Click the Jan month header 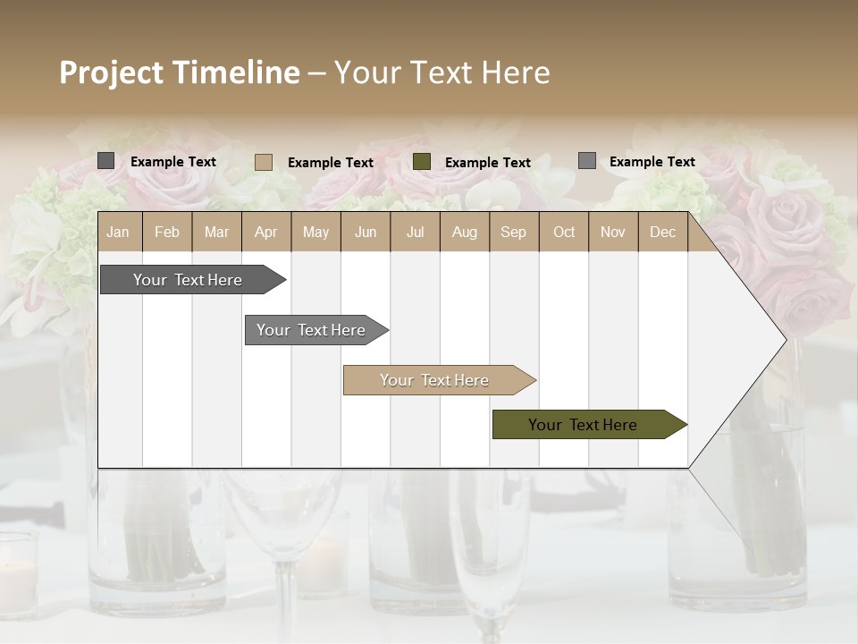[x=118, y=232]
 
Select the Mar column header [x=216, y=232]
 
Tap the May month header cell [x=315, y=232]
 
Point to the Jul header [x=415, y=232]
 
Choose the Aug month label [x=464, y=232]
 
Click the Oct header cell [x=564, y=232]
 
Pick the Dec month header [x=662, y=232]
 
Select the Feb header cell [x=167, y=232]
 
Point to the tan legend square [x=264, y=162]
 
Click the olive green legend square [x=422, y=162]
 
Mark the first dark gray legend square [x=106, y=161]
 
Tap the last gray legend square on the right [x=587, y=161]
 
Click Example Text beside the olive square [x=488, y=163]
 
